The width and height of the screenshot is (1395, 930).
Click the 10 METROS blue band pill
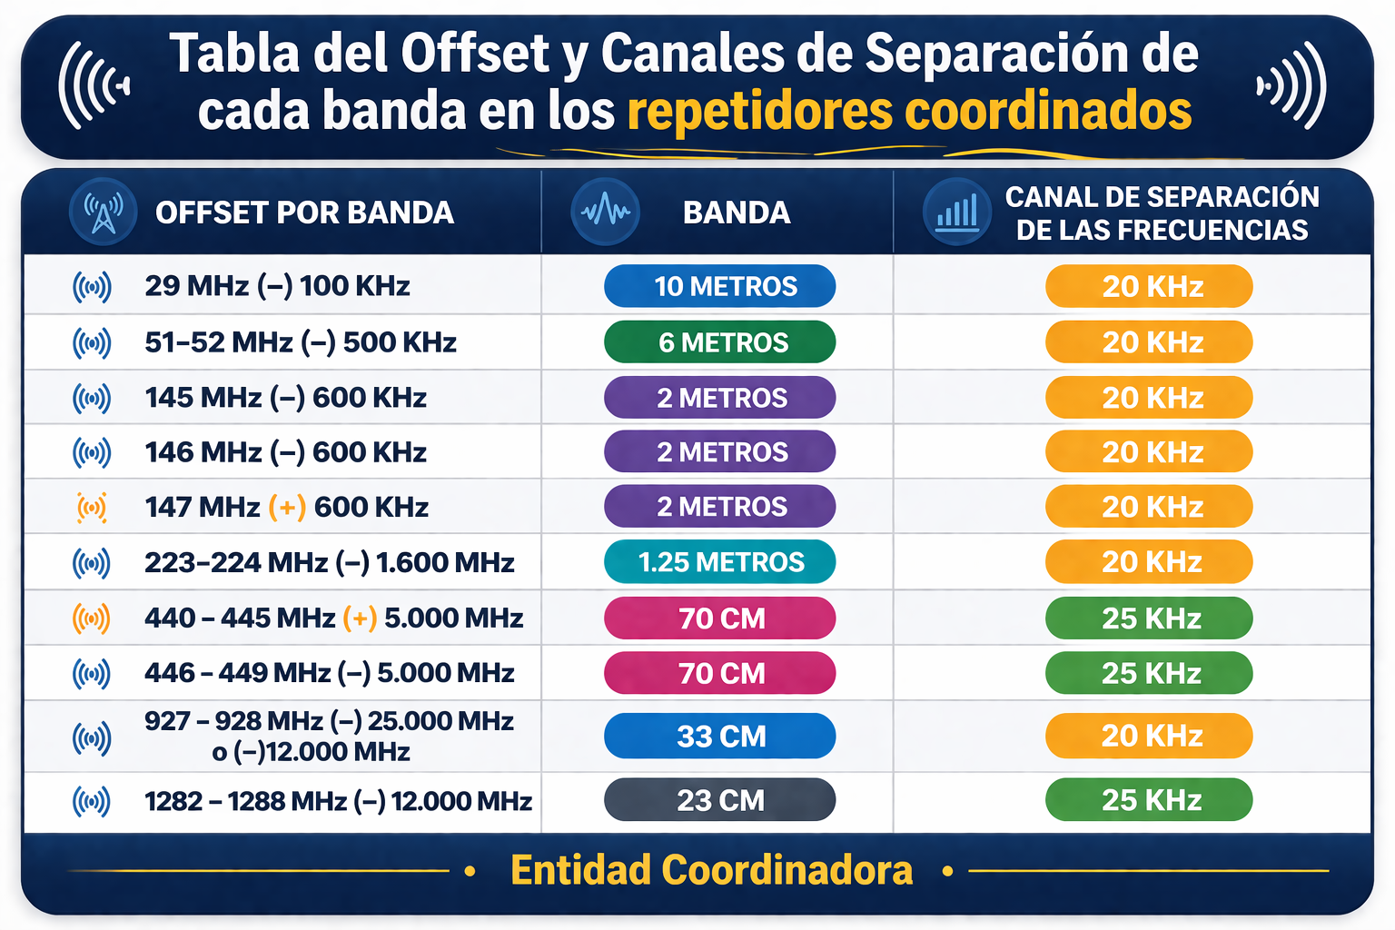coord(719,286)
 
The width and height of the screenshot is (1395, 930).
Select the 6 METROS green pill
coord(719,342)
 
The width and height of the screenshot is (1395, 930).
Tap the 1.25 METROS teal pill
coord(719,562)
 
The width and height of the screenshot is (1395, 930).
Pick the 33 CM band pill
coord(719,736)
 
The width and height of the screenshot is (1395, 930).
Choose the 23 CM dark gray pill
coord(719,800)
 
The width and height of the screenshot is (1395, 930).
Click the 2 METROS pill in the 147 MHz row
coord(719,507)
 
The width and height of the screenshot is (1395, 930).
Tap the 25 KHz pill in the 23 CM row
coord(1149,800)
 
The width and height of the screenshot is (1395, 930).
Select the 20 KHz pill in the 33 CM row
coord(1149,736)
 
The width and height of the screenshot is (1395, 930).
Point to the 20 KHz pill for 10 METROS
coord(1149,286)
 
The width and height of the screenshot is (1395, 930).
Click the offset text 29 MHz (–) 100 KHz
coord(277,286)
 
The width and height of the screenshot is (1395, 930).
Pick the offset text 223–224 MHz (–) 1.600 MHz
coord(329,562)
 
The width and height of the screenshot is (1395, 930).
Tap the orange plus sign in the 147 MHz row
coord(287,507)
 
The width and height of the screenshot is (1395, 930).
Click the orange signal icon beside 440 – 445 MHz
coord(92,618)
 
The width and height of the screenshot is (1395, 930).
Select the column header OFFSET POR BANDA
coord(304,213)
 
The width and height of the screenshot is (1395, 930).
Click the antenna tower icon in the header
coord(104,213)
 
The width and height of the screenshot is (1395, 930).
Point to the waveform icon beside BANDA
coord(606,213)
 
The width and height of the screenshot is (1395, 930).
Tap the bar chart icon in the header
coord(957,213)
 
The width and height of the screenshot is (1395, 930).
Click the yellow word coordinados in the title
coord(1048,111)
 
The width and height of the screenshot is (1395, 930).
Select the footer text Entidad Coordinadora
coord(711,870)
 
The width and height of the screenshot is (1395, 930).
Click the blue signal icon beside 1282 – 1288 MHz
coord(92,801)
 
